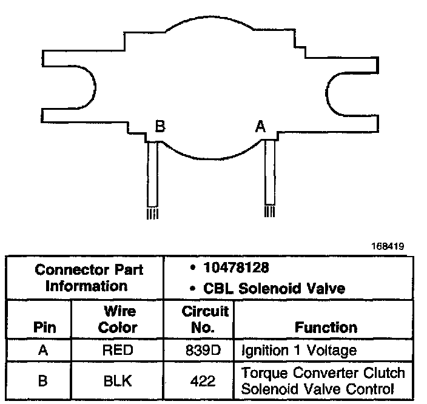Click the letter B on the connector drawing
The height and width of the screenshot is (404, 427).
click(160, 127)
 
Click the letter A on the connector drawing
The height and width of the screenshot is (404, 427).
click(261, 126)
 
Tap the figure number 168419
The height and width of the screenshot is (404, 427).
click(389, 246)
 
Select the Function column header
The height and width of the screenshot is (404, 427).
click(326, 328)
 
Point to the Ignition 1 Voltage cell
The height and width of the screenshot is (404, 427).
click(299, 350)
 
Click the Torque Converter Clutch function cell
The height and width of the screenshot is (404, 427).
click(323, 381)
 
